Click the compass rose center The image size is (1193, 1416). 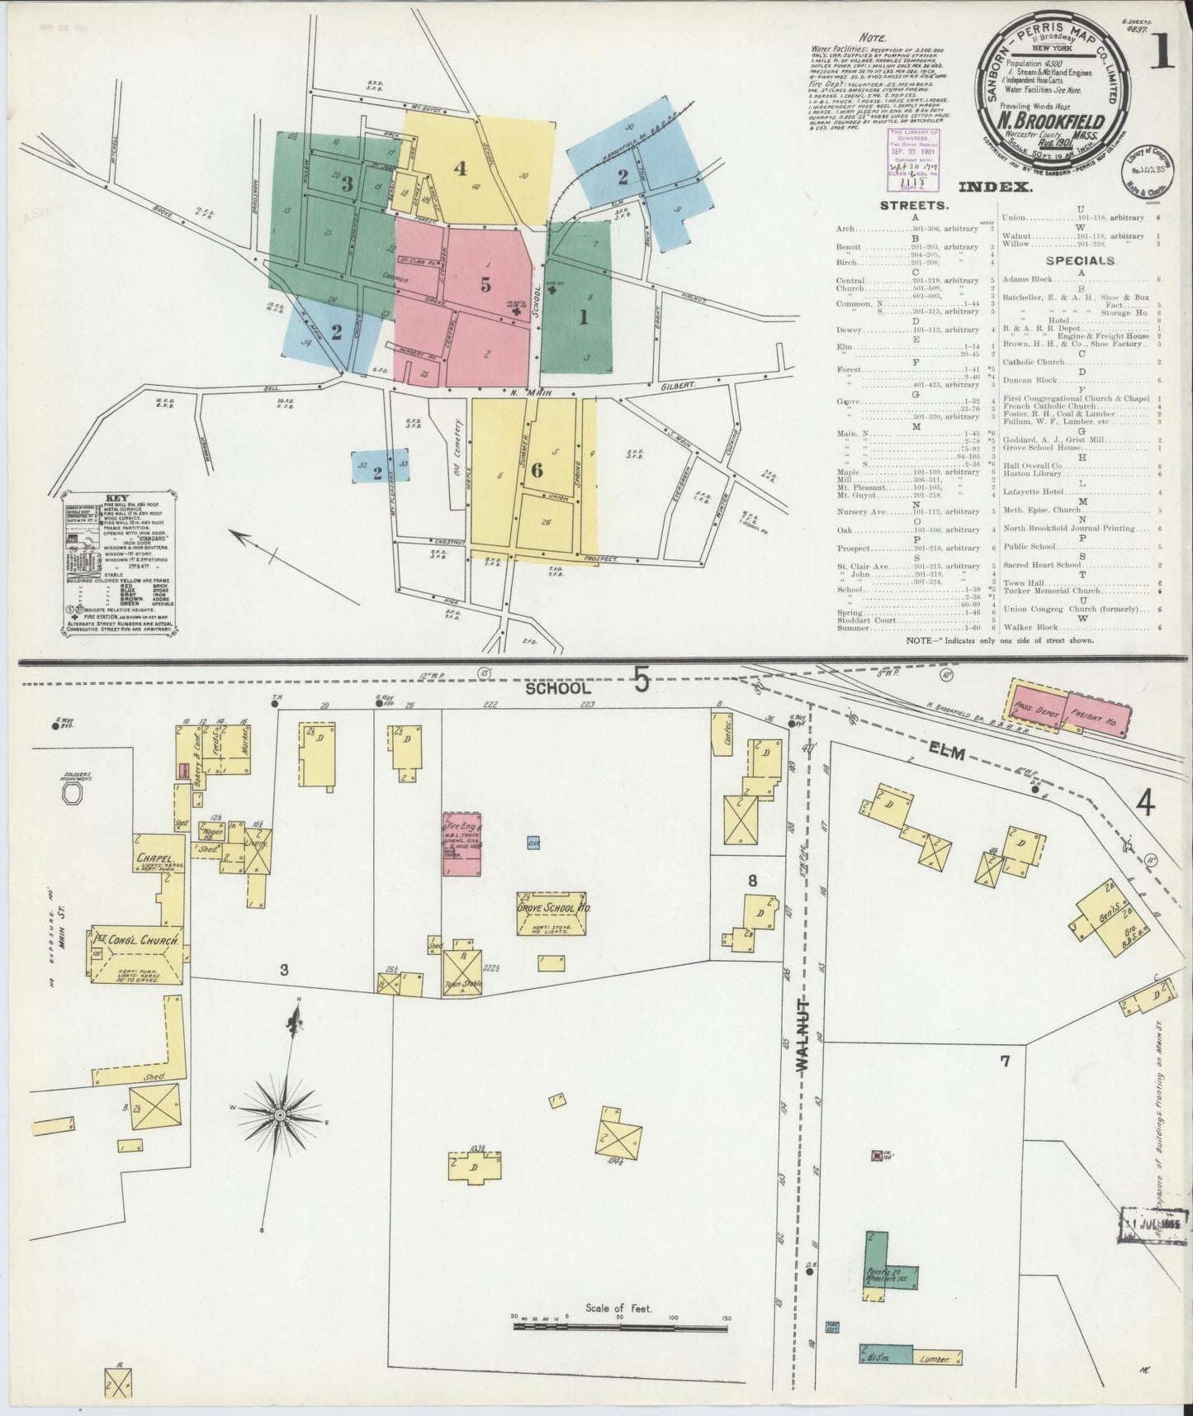coord(280,1114)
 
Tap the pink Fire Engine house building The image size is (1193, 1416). coord(463,843)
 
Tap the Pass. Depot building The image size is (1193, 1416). coord(1034,702)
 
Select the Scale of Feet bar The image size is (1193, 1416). coord(619,1327)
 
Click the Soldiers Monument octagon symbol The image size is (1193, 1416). coord(72,793)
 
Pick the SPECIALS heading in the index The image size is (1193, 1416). coord(1082,260)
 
